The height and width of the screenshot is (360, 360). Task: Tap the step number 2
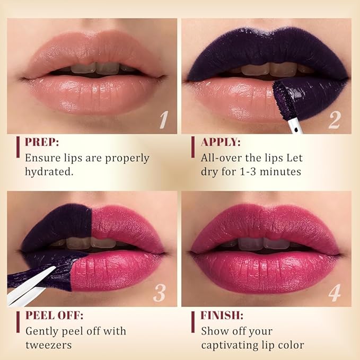click(x=334, y=120)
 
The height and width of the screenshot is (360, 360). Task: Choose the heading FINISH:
click(x=222, y=315)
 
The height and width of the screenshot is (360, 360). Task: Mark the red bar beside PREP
click(x=18, y=147)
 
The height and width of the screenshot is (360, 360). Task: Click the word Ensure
click(x=43, y=157)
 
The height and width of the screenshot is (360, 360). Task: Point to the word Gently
click(x=43, y=331)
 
